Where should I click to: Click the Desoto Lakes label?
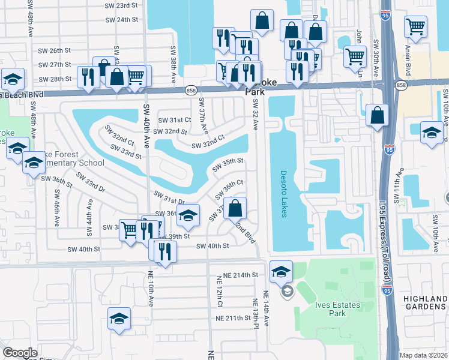(284, 195)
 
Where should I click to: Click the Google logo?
(20, 353)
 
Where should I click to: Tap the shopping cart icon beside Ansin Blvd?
(415, 26)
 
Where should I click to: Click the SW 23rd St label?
(122, 5)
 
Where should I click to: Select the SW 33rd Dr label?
(89, 183)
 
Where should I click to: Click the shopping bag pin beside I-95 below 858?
(376, 116)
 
